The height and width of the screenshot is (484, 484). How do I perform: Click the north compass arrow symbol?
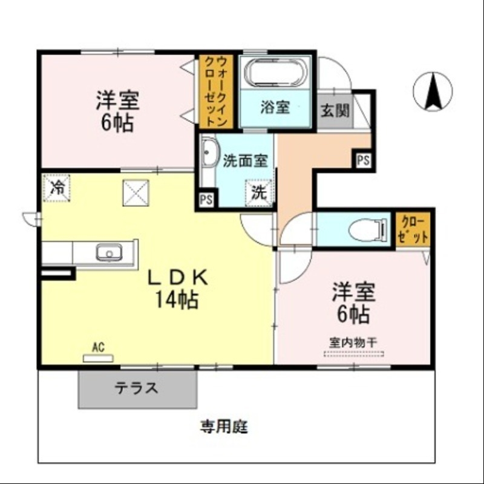pos(433,91)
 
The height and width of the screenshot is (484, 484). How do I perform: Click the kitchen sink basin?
pos(110,252)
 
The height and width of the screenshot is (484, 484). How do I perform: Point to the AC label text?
pos(98,347)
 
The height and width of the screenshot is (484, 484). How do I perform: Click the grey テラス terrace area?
pos(137,388)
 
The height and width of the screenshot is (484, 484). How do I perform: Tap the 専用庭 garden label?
pos(224,427)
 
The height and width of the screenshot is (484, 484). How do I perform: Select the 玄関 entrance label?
pos(335,111)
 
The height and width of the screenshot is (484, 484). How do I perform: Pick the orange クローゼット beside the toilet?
pos(414,229)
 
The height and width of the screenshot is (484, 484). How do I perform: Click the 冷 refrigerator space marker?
pos(57,187)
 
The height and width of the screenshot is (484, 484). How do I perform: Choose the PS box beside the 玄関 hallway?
pos(363,160)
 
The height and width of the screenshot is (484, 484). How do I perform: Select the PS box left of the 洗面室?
pos(206,200)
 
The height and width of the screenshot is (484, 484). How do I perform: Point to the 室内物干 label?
pos(353,341)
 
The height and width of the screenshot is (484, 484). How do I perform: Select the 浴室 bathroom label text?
pos(275,108)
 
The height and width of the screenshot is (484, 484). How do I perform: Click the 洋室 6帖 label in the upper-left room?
pos(117,111)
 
